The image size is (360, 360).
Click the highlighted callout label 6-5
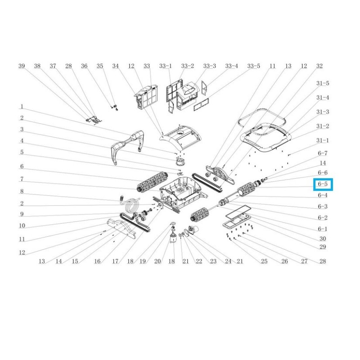tap(323, 184)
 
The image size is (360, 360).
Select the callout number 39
tap(22, 66)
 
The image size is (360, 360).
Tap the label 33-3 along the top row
tap(209, 66)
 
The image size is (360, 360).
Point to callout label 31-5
tap(323, 83)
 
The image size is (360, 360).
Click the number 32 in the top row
tap(319, 66)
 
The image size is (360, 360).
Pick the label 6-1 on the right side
tap(323, 229)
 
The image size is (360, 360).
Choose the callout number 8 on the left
tap(22, 191)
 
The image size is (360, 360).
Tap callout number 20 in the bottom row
tap(157, 261)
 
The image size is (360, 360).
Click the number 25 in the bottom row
tap(264, 261)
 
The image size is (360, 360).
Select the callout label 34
tap(116, 66)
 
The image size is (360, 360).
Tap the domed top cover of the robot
tap(180, 138)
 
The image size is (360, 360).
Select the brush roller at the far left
tap(152, 182)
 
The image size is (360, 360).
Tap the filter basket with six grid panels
tap(147, 96)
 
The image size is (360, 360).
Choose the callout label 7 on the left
tap(22, 179)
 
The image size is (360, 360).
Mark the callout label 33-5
tap(253, 66)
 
